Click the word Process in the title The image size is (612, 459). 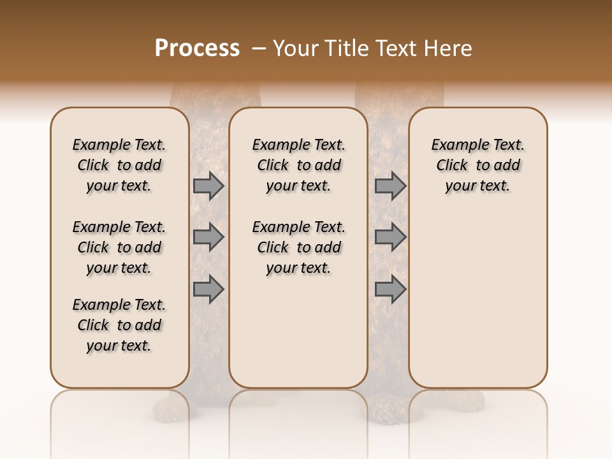click(x=197, y=48)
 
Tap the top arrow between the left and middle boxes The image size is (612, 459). click(x=208, y=186)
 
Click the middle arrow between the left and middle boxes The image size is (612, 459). click(x=208, y=237)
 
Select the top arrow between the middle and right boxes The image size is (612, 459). click(x=390, y=186)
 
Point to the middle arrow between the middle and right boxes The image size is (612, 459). click(x=390, y=237)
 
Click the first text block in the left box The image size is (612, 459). click(x=119, y=165)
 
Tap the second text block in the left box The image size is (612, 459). click(x=119, y=247)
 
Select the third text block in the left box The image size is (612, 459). click(x=119, y=325)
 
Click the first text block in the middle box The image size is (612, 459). click(x=298, y=165)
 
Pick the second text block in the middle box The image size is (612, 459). click(x=298, y=247)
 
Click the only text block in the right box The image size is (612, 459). click(x=477, y=165)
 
